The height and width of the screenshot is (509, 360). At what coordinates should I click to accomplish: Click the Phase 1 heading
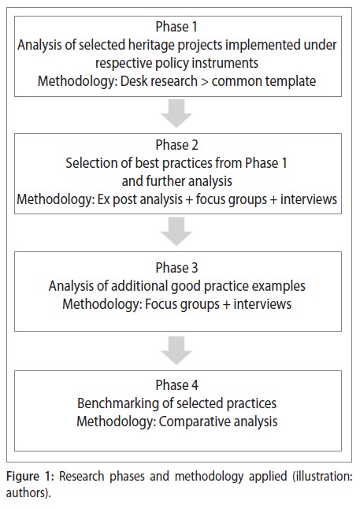[176, 27]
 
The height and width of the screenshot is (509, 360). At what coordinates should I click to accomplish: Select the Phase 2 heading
[176, 145]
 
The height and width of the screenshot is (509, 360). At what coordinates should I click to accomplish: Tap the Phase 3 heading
[176, 268]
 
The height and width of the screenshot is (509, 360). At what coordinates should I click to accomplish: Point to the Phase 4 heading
[176, 385]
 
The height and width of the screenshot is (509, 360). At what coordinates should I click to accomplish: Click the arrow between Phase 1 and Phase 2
[176, 113]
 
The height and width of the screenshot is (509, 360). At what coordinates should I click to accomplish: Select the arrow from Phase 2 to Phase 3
[176, 231]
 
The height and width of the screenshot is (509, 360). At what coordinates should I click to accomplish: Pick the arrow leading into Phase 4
[176, 350]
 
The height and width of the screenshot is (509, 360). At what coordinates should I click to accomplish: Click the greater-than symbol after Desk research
[205, 82]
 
